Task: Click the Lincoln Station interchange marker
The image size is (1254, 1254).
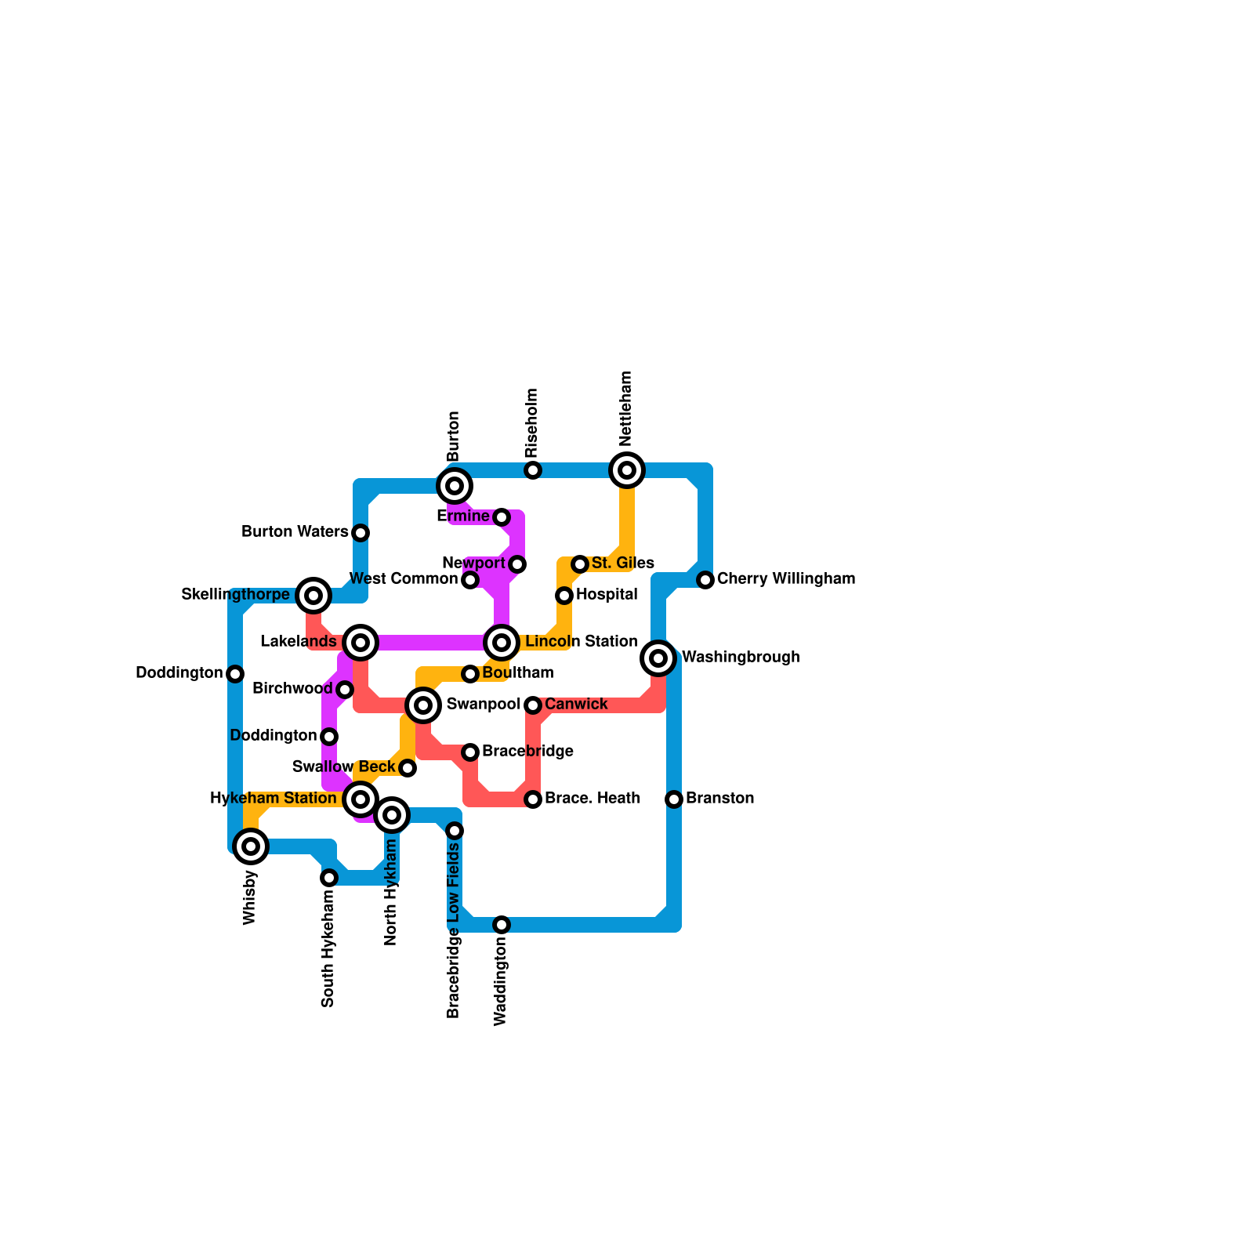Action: coord(502,643)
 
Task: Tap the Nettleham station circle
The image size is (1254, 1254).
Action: coord(627,470)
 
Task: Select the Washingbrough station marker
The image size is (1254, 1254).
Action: coord(658,658)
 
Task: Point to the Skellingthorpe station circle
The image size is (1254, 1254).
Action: coord(313,596)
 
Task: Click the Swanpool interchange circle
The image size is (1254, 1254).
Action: coord(423,705)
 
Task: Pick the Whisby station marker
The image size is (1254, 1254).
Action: coord(251,846)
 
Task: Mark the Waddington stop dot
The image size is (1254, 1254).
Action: coord(502,925)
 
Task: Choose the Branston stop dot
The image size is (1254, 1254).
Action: coord(674,799)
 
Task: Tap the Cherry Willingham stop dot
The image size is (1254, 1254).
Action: coord(705,580)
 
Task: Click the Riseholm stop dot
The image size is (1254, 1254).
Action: coord(533,470)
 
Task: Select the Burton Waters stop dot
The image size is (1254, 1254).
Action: coord(361,533)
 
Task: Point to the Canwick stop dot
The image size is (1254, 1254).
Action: coord(533,705)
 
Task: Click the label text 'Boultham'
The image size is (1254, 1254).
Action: coord(517,673)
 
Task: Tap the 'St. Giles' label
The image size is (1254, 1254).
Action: coord(622,564)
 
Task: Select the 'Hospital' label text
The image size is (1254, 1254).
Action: coord(606,595)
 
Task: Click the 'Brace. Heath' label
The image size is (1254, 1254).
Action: coord(592,799)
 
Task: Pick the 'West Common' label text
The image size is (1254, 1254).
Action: coord(403,579)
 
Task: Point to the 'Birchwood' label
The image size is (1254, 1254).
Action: coord(292,689)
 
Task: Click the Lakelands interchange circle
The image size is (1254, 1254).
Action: coord(361,643)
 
